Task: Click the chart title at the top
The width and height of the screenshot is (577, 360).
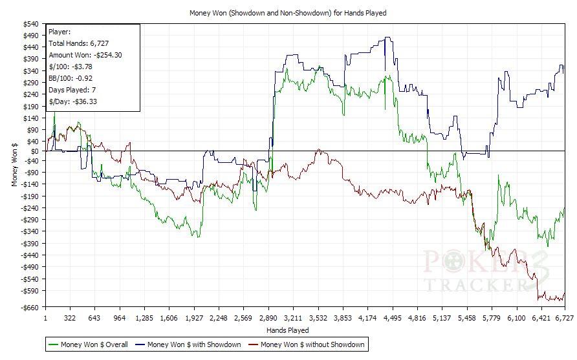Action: tap(288, 13)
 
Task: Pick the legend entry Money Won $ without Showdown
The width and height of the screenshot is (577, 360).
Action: tap(312, 344)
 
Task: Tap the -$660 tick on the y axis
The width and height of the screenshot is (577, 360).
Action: tap(29, 307)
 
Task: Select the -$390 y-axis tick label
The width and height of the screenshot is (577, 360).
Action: tap(29, 243)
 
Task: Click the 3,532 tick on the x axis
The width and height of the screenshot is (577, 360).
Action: tap(318, 319)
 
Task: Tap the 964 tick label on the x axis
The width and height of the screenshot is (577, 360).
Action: tap(120, 319)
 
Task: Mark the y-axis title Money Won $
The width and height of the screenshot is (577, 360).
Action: tap(14, 165)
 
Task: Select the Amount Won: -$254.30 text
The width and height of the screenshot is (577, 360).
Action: tap(85, 55)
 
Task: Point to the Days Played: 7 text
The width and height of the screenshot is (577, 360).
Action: tap(73, 90)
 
